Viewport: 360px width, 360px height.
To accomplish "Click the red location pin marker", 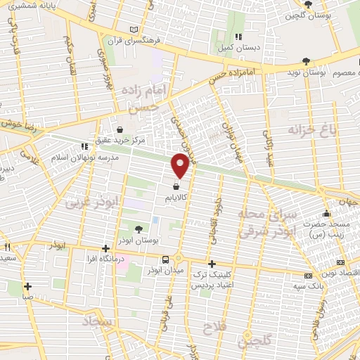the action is point(181,165).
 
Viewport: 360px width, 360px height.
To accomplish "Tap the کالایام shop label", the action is point(176,199).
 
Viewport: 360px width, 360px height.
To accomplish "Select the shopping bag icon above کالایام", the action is point(175,187).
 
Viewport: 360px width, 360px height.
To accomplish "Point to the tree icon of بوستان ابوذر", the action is point(138,229).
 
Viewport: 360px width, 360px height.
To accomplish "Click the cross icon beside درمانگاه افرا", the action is point(105,247).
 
